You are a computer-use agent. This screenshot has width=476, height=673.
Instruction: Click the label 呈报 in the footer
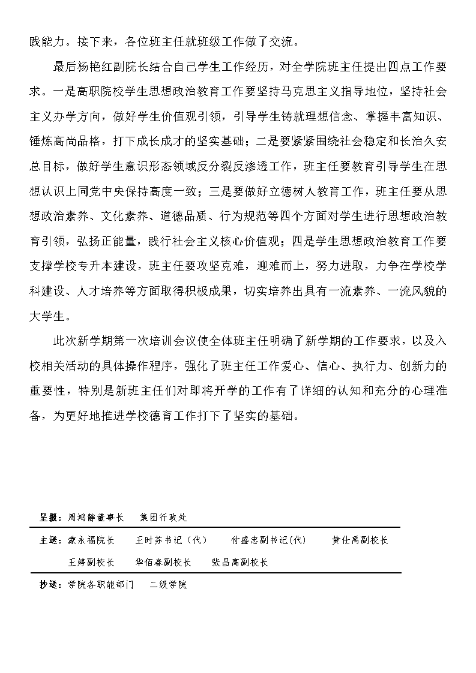click(x=48, y=517)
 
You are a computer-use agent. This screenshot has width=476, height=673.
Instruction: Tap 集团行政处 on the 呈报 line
click(x=163, y=517)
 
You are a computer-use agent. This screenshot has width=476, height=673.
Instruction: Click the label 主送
click(x=48, y=540)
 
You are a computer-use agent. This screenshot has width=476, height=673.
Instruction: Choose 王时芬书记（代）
click(x=171, y=540)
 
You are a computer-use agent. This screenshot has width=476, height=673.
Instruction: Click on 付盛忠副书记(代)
click(x=268, y=540)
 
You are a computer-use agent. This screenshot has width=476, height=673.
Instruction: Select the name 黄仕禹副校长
click(x=360, y=540)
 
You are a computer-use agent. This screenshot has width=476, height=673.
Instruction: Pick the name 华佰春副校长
click(x=163, y=563)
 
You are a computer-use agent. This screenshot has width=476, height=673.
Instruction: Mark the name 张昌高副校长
click(x=240, y=563)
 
